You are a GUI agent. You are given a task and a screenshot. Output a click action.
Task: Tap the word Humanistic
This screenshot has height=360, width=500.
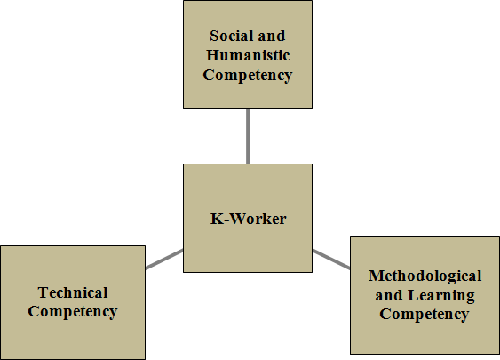pyautogui.click(x=248, y=55)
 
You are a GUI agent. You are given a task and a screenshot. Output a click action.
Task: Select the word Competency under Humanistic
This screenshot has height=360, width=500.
pyautogui.click(x=248, y=76)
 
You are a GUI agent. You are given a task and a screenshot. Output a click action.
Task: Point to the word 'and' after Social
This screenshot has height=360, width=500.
pyautogui.click(x=272, y=36)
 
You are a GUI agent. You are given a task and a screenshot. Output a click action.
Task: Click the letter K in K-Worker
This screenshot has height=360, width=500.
pyautogui.click(x=218, y=219)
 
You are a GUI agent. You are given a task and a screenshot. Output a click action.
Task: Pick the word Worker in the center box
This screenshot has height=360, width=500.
pyautogui.click(x=258, y=219)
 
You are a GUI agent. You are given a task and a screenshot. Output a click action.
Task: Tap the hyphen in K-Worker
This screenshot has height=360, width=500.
pyautogui.click(x=227, y=220)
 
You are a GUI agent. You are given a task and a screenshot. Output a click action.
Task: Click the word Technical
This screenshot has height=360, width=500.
pyautogui.click(x=73, y=292)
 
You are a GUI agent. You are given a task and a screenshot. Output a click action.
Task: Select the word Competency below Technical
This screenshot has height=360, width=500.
pyautogui.click(x=73, y=312)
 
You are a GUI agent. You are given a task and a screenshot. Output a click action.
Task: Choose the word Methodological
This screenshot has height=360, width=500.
pyautogui.click(x=425, y=276)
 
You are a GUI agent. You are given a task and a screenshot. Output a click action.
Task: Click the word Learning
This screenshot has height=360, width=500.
pyautogui.click(x=441, y=295)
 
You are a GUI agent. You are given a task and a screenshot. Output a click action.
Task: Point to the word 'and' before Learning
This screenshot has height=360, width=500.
pyautogui.click(x=389, y=295)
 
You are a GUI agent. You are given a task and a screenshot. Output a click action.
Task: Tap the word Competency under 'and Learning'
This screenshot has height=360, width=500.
pyautogui.click(x=425, y=314)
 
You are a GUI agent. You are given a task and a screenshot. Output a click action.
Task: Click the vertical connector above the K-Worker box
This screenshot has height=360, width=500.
pyautogui.click(x=248, y=137)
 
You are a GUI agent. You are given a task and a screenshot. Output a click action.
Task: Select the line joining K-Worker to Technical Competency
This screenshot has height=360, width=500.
pyautogui.click(x=164, y=260)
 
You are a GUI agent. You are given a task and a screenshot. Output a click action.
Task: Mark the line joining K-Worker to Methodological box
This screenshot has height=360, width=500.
pyautogui.click(x=331, y=260)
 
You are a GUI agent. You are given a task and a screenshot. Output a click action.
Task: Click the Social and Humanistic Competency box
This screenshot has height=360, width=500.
pyautogui.click(x=248, y=54)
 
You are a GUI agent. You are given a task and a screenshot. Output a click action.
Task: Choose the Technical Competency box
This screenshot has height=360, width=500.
pyautogui.click(x=73, y=302)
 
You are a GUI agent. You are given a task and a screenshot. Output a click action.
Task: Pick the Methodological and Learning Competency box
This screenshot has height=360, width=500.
pyautogui.click(x=425, y=295)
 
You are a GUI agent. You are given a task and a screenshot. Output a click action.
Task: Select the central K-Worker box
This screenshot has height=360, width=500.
pyautogui.click(x=248, y=219)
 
